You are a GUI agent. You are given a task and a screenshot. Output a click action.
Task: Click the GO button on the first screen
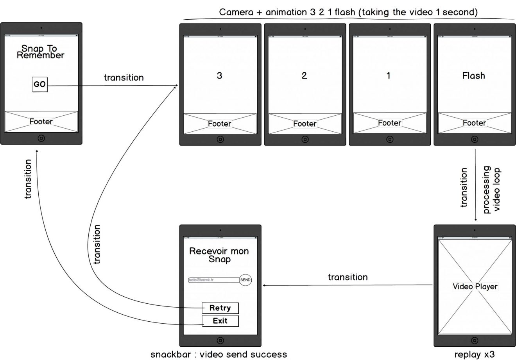39,84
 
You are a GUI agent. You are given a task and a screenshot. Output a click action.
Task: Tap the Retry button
220,308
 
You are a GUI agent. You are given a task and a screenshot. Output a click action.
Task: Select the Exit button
220,321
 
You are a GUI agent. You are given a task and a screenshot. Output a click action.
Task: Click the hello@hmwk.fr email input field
213,280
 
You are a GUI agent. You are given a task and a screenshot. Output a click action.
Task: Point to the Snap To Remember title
40,52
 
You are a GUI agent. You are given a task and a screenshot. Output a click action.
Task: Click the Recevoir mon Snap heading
219,255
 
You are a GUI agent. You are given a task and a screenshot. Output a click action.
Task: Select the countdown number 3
219,75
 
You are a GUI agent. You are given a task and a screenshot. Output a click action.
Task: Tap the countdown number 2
304,75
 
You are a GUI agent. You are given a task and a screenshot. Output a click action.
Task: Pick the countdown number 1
389,75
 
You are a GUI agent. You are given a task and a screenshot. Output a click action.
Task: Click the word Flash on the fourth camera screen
473,75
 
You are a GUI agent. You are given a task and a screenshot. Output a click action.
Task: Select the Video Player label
475,287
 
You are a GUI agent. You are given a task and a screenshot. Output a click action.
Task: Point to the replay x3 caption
475,355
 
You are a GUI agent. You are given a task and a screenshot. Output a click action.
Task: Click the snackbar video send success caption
219,355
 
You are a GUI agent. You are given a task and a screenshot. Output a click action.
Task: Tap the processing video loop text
491,190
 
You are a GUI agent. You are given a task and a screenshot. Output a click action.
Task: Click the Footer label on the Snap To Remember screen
41,122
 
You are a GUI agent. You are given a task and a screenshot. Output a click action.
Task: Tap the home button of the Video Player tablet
475,340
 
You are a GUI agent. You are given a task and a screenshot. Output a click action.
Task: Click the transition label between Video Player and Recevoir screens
348,277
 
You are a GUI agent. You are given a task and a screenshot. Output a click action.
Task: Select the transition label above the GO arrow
124,77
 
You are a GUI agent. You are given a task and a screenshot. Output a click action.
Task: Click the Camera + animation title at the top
348,12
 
